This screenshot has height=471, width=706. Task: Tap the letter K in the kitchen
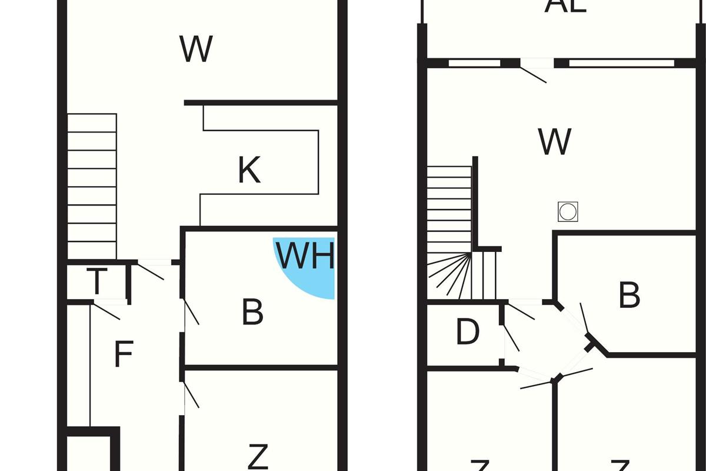pos(249,171)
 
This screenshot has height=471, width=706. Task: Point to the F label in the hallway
pos(123,354)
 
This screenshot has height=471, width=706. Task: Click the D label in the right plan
pos(468,333)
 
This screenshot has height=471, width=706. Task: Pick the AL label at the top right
pos(565,6)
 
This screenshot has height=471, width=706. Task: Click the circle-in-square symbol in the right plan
pos(568,212)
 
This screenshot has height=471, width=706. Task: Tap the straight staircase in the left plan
pos(92,186)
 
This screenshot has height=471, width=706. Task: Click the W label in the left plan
pos(196,50)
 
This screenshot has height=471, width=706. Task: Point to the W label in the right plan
pos(554,141)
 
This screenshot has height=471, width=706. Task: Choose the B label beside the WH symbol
pos(253,313)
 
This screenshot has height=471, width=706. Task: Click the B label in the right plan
pos(630,295)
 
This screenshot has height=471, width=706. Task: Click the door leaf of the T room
pos(151,271)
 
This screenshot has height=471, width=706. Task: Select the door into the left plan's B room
pos(192,313)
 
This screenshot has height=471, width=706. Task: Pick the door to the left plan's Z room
pos(192,395)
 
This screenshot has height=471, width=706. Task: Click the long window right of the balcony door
pos(621,63)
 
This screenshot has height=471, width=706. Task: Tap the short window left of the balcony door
pos(474,63)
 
